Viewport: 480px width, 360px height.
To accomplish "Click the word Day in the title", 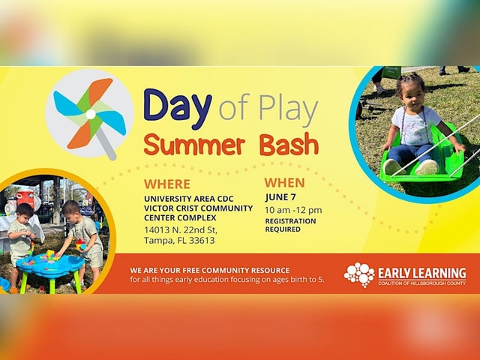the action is tap(178, 109).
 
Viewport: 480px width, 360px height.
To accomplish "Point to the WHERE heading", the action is tap(167, 184).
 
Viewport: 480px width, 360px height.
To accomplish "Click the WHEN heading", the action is tap(285, 183).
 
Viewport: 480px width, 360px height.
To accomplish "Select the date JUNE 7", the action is tap(280, 197).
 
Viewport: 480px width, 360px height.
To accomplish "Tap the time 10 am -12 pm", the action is tap(293, 210).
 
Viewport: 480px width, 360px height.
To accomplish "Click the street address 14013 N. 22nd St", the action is tap(181, 229).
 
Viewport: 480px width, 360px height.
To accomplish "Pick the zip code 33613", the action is tap(202, 240).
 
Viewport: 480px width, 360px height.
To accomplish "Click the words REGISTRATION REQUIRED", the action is tap(290, 225).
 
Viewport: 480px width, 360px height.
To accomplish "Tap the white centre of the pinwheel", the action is tap(91, 114).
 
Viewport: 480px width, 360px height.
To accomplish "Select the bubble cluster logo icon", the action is tap(359, 274).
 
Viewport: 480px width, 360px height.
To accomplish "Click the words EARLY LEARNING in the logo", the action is tap(422, 272).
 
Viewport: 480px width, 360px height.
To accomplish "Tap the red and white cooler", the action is tap(25, 198).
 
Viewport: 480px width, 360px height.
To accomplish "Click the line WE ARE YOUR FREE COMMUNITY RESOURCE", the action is tap(210, 270).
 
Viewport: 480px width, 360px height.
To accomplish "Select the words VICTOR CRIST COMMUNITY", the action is tap(198, 208).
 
